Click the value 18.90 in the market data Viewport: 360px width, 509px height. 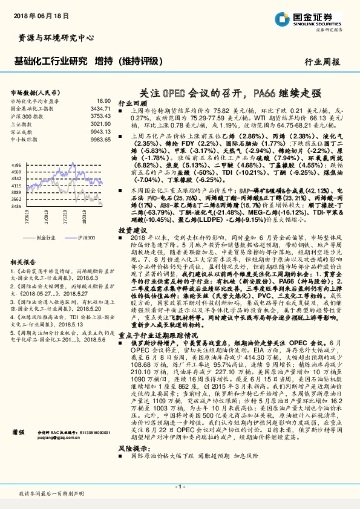click(x=103, y=100)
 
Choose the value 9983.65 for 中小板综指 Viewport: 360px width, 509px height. click(x=101, y=138)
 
